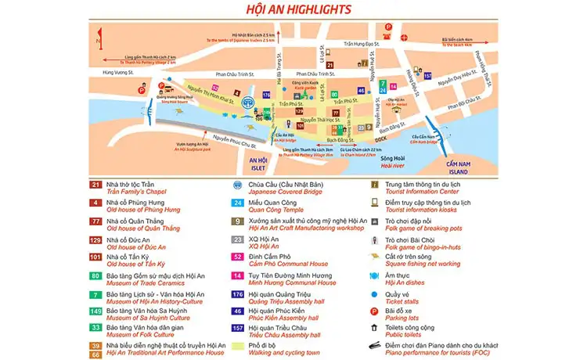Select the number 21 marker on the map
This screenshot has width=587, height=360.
click(330, 65)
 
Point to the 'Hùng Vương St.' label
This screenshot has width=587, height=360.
click(107, 73)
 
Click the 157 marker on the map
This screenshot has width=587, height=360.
click(427, 76)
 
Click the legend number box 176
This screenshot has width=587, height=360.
click(236, 294)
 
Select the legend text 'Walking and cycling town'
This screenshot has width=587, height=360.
click(284, 352)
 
